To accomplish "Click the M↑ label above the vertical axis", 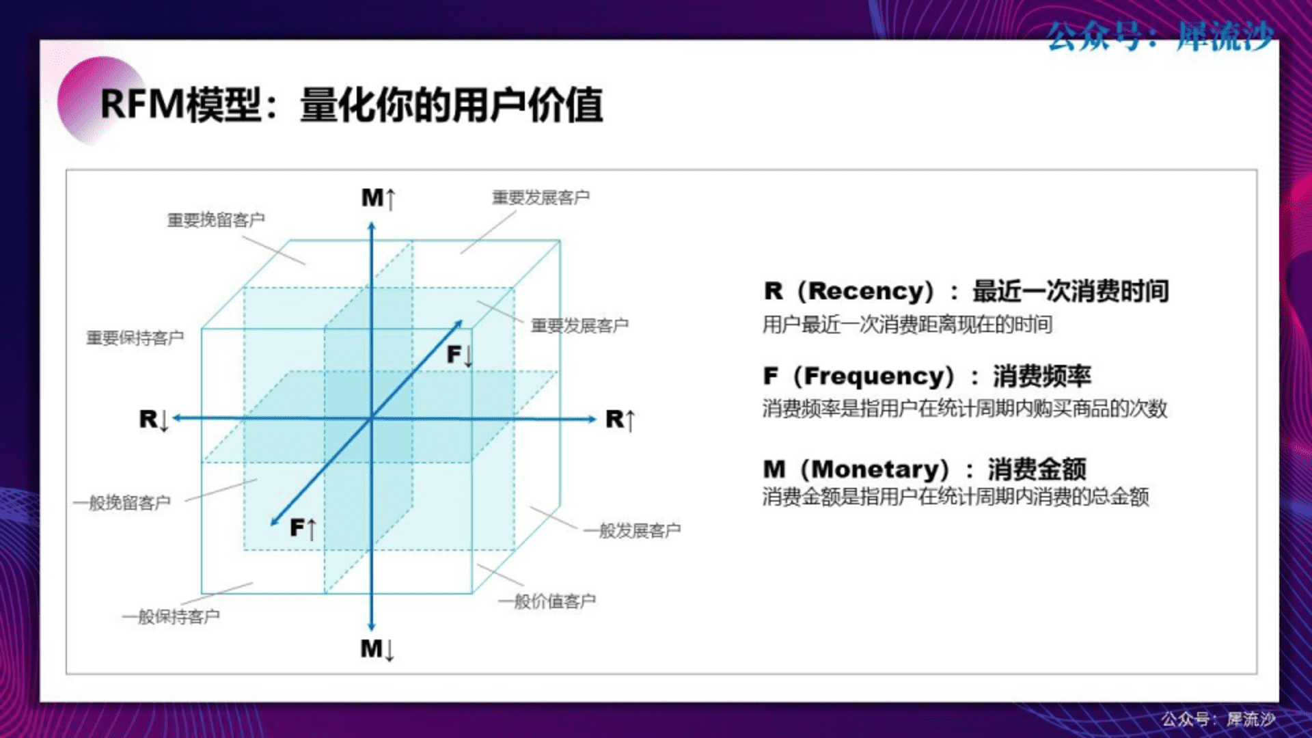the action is (379, 198).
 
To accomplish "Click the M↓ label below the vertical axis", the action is (378, 648).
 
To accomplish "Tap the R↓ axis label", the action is (154, 420).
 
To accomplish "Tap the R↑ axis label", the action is (620, 420).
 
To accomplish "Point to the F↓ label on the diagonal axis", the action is (459, 355).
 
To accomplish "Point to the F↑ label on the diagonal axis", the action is (303, 528).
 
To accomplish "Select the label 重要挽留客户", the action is (216, 220).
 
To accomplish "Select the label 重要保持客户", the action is (135, 338).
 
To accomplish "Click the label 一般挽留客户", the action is (122, 503).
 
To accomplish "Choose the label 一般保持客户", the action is (171, 616).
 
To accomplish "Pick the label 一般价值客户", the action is (547, 601).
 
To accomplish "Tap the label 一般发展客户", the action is (632, 530).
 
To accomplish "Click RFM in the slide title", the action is (142, 105).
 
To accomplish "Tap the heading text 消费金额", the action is (1037, 469).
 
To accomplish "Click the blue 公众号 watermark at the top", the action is (1160, 36).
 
